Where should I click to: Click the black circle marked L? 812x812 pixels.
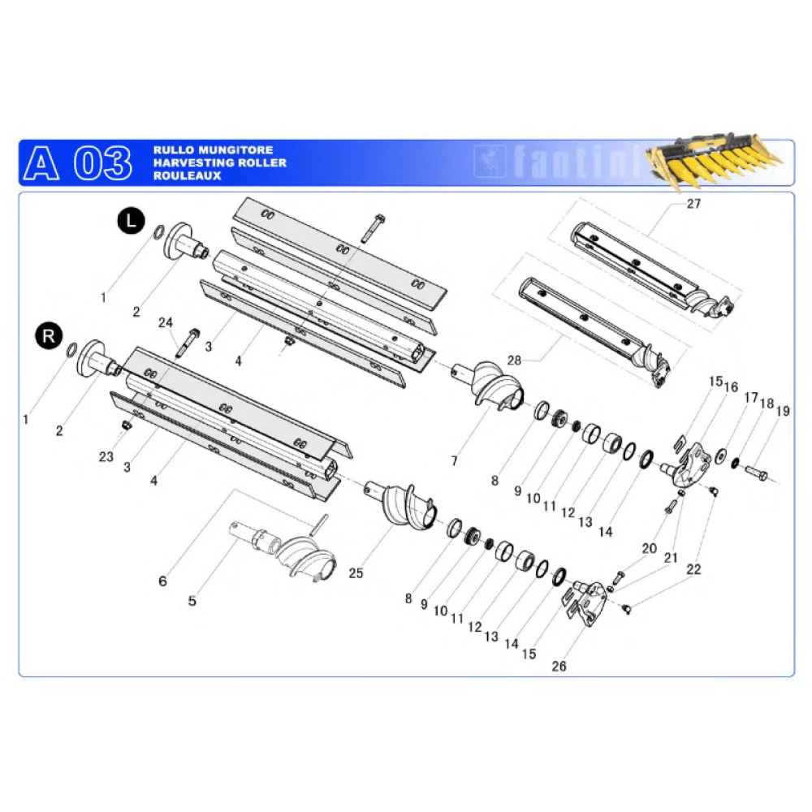(131, 221)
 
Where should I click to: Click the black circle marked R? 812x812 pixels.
(49, 336)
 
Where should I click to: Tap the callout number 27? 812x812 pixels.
(693, 204)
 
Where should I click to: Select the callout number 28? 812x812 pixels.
(514, 361)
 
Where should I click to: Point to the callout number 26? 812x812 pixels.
(559, 666)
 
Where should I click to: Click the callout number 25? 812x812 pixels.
(356, 573)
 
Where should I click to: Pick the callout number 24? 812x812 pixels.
(165, 322)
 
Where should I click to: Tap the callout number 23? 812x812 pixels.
(106, 456)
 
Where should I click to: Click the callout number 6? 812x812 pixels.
(162, 581)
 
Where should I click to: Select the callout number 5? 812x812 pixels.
(192, 601)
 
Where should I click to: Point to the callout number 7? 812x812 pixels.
(454, 461)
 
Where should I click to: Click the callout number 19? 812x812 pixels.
(783, 411)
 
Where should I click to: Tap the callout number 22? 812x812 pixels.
(693, 569)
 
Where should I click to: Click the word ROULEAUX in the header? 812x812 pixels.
(187, 175)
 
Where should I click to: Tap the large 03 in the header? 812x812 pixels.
(102, 163)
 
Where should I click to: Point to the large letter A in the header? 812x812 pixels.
(41, 163)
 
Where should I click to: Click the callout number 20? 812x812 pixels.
(649, 548)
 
